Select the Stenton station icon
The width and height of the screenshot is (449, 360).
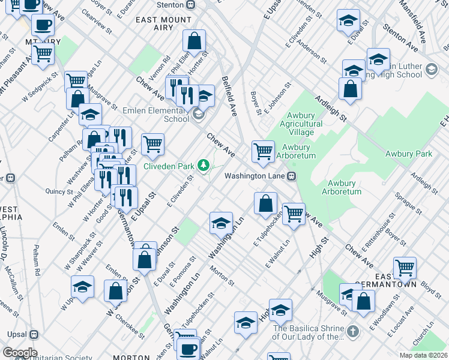pos(190,5)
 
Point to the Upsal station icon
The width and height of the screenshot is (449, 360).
pos(34,335)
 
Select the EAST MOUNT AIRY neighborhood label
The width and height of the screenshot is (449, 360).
pos(163,20)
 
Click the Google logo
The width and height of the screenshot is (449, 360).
pos(20,353)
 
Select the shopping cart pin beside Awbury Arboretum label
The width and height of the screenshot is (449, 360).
pos(263,151)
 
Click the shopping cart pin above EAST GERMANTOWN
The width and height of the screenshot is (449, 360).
pos(405,268)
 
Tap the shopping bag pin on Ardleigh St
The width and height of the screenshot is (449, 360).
pos(350,89)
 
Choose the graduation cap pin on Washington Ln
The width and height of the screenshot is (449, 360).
pos(221,223)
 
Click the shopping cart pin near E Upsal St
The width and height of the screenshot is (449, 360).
pos(153,145)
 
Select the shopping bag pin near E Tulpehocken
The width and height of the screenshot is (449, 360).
pos(265,204)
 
